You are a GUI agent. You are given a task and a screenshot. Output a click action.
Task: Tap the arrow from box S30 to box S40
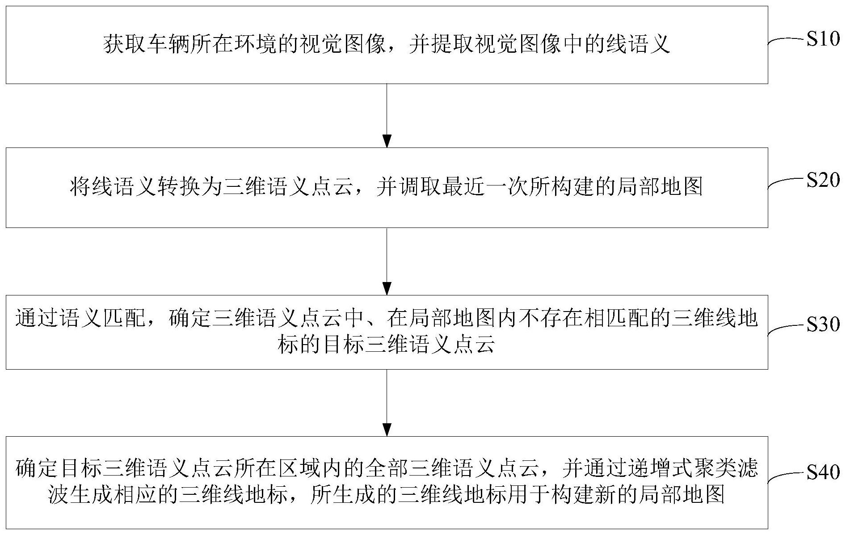[x=387, y=402]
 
